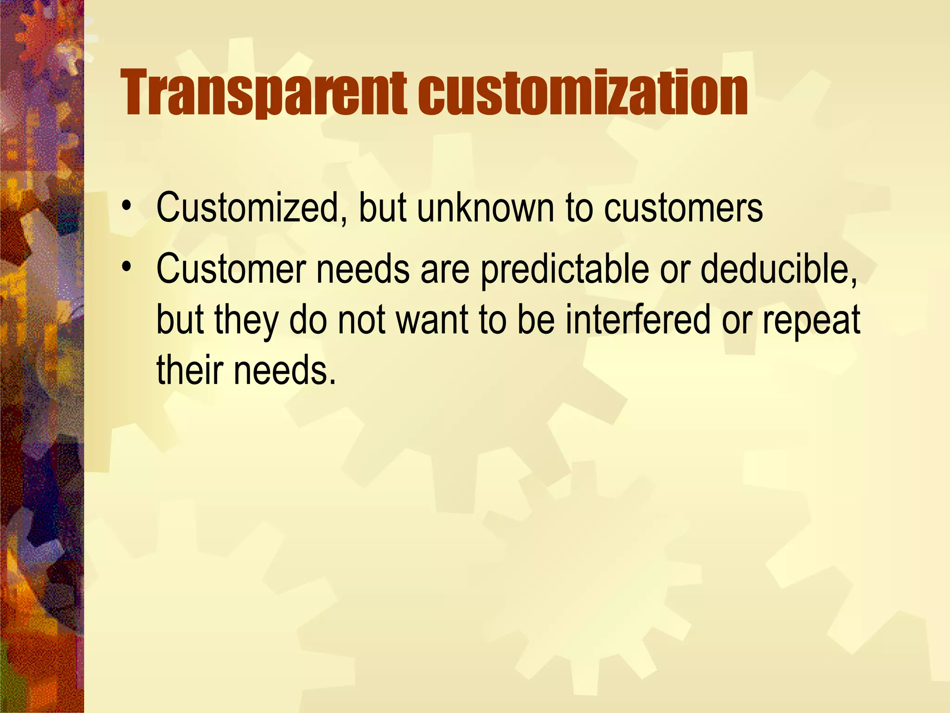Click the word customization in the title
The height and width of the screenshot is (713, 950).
click(583, 93)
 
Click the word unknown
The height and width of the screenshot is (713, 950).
click(485, 208)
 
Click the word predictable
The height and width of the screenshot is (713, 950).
click(564, 271)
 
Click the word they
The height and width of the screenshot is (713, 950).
click(246, 321)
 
